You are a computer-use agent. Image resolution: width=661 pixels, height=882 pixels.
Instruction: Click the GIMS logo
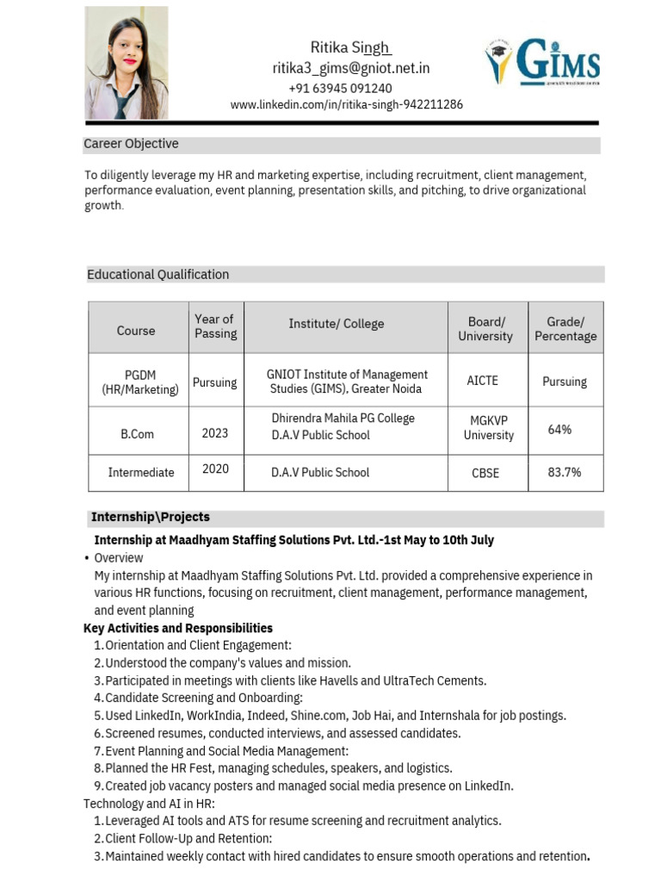tap(542, 62)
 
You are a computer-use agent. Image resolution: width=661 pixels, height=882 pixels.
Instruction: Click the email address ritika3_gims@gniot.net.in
tap(351, 68)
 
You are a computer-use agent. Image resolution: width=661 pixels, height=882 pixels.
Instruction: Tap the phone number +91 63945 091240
tap(340, 88)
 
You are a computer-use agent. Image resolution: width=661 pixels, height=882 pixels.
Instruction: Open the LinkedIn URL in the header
tap(346, 104)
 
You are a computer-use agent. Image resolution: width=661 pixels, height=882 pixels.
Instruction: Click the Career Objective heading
tap(131, 144)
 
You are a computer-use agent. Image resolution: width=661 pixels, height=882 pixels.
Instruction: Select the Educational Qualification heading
tap(158, 275)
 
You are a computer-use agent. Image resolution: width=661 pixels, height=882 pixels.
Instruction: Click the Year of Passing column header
tap(215, 326)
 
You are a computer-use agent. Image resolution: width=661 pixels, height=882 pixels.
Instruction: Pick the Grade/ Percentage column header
tap(565, 329)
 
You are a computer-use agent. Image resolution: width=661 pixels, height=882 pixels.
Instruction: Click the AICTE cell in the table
tap(482, 380)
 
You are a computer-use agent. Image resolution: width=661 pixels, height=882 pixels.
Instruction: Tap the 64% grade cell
tap(559, 429)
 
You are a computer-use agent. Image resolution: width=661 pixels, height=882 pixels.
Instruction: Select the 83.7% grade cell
tap(565, 472)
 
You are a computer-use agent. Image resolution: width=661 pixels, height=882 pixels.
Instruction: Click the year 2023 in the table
tap(215, 433)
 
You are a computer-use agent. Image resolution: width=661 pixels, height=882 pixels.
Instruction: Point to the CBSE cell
tap(485, 473)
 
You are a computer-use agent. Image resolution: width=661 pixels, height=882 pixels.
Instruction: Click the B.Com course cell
tap(138, 434)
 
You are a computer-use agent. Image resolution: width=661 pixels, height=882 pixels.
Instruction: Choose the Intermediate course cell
tap(141, 473)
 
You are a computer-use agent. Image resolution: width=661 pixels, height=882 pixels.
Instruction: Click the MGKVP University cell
tap(488, 428)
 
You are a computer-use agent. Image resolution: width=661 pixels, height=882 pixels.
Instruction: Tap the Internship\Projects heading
tap(151, 517)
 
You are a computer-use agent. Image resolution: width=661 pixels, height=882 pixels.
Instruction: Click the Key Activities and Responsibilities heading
tap(178, 628)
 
